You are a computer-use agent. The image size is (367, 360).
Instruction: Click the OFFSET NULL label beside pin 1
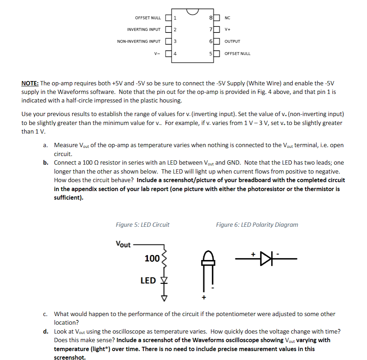[x=148, y=18]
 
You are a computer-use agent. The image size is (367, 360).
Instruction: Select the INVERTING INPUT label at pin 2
[x=144, y=30]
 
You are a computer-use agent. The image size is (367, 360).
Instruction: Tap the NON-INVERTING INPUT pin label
[x=139, y=41]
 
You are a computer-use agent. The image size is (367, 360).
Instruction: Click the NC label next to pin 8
[x=228, y=18]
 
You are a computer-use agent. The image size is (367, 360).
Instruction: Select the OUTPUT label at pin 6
[x=232, y=41]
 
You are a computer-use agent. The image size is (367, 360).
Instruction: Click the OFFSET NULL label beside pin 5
[x=237, y=54]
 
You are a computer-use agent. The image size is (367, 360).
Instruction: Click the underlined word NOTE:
[x=30, y=84]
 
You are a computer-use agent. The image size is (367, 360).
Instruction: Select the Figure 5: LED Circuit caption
[x=142, y=225]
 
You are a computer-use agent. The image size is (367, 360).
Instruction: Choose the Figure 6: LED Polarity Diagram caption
[x=257, y=225]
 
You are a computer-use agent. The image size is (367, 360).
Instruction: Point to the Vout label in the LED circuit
[x=123, y=245]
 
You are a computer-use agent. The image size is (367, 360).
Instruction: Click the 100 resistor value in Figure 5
[x=152, y=258]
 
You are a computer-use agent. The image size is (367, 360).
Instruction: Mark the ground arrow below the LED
[x=164, y=298]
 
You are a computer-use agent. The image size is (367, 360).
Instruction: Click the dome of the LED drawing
[x=208, y=256]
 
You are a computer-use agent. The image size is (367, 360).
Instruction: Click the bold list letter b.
[x=46, y=163]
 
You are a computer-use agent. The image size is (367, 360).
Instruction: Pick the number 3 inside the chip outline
[x=175, y=41]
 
